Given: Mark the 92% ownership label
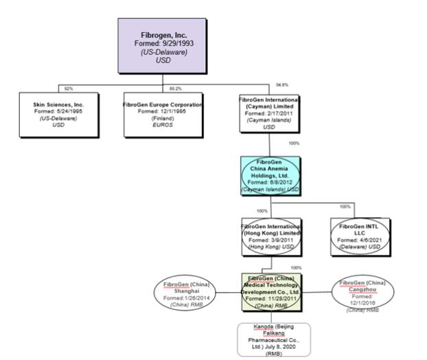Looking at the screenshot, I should pos(68,89).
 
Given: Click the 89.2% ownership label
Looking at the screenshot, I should pos(176,89).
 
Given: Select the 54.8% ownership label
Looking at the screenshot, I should pos(281,85).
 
